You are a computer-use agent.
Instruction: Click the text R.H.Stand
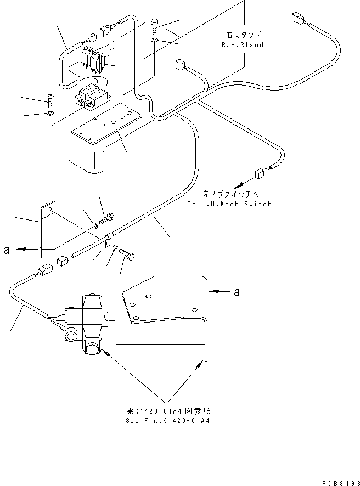click(243, 45)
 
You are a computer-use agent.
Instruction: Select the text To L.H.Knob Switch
click(229, 204)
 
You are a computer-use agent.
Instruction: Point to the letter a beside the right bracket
click(237, 292)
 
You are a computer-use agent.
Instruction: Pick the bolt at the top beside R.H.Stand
click(155, 25)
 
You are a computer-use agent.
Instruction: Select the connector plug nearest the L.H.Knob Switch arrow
click(259, 175)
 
